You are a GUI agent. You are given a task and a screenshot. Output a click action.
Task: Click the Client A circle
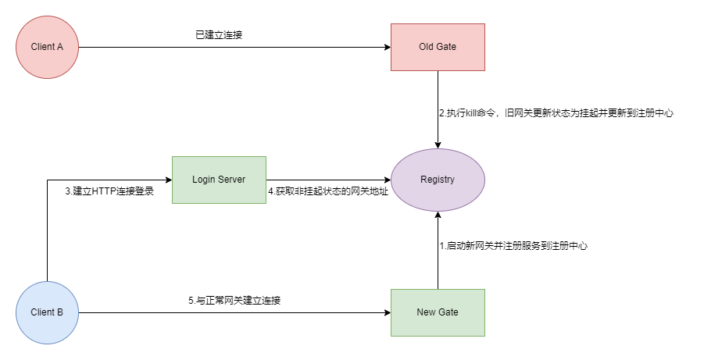pos(47,47)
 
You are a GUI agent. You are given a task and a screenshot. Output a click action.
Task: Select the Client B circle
pos(47,312)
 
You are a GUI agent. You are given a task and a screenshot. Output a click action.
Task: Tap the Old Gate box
pos(438,47)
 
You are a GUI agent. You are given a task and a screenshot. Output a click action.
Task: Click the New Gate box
pos(438,312)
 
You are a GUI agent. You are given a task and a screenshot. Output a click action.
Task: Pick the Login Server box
pos(219,180)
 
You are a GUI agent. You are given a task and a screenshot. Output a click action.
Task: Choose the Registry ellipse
pos(438,180)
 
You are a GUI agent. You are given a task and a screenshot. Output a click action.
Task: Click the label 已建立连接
pos(219,34)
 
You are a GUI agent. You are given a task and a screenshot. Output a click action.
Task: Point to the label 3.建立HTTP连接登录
pos(109,191)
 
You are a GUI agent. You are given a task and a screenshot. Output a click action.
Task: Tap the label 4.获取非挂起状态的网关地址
pos(328,191)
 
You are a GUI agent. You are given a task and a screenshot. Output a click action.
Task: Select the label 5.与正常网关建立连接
pos(234,300)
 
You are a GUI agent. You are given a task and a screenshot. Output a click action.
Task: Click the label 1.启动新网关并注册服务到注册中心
pos(513,245)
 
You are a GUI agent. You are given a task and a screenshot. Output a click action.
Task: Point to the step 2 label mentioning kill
pos(556,113)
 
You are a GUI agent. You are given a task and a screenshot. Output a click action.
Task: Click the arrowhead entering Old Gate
pos(386,47)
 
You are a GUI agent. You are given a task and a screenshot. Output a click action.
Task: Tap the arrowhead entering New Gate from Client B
pos(386,312)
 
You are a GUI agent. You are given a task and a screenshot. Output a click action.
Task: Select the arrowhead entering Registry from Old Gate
pos(438,144)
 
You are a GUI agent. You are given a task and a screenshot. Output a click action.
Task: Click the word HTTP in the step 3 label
pos(105,191)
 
